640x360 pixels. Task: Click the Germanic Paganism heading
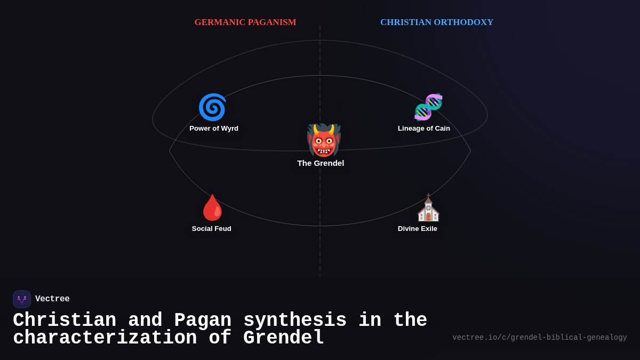[245, 22]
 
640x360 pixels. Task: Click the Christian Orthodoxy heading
[436, 22]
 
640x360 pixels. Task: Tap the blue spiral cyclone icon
[212, 107]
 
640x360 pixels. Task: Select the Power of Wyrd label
[214, 129]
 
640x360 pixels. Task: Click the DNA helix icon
[428, 107]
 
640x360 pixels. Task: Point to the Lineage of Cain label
[423, 129]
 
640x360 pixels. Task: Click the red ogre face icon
[323, 140]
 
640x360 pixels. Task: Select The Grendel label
[321, 163]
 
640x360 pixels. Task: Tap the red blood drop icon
[212, 207]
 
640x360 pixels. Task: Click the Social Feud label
[212, 229]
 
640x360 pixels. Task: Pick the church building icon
[428, 209]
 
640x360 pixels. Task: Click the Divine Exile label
[417, 229]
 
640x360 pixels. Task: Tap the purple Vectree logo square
[22, 299]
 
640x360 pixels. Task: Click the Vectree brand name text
[52, 299]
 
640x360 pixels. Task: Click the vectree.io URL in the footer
[539, 338]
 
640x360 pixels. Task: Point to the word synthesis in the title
[295, 321]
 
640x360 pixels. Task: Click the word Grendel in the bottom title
[283, 338]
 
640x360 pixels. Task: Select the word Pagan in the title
[203, 321]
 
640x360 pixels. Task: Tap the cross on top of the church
[428, 196]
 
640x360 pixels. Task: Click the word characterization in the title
[105, 338]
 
